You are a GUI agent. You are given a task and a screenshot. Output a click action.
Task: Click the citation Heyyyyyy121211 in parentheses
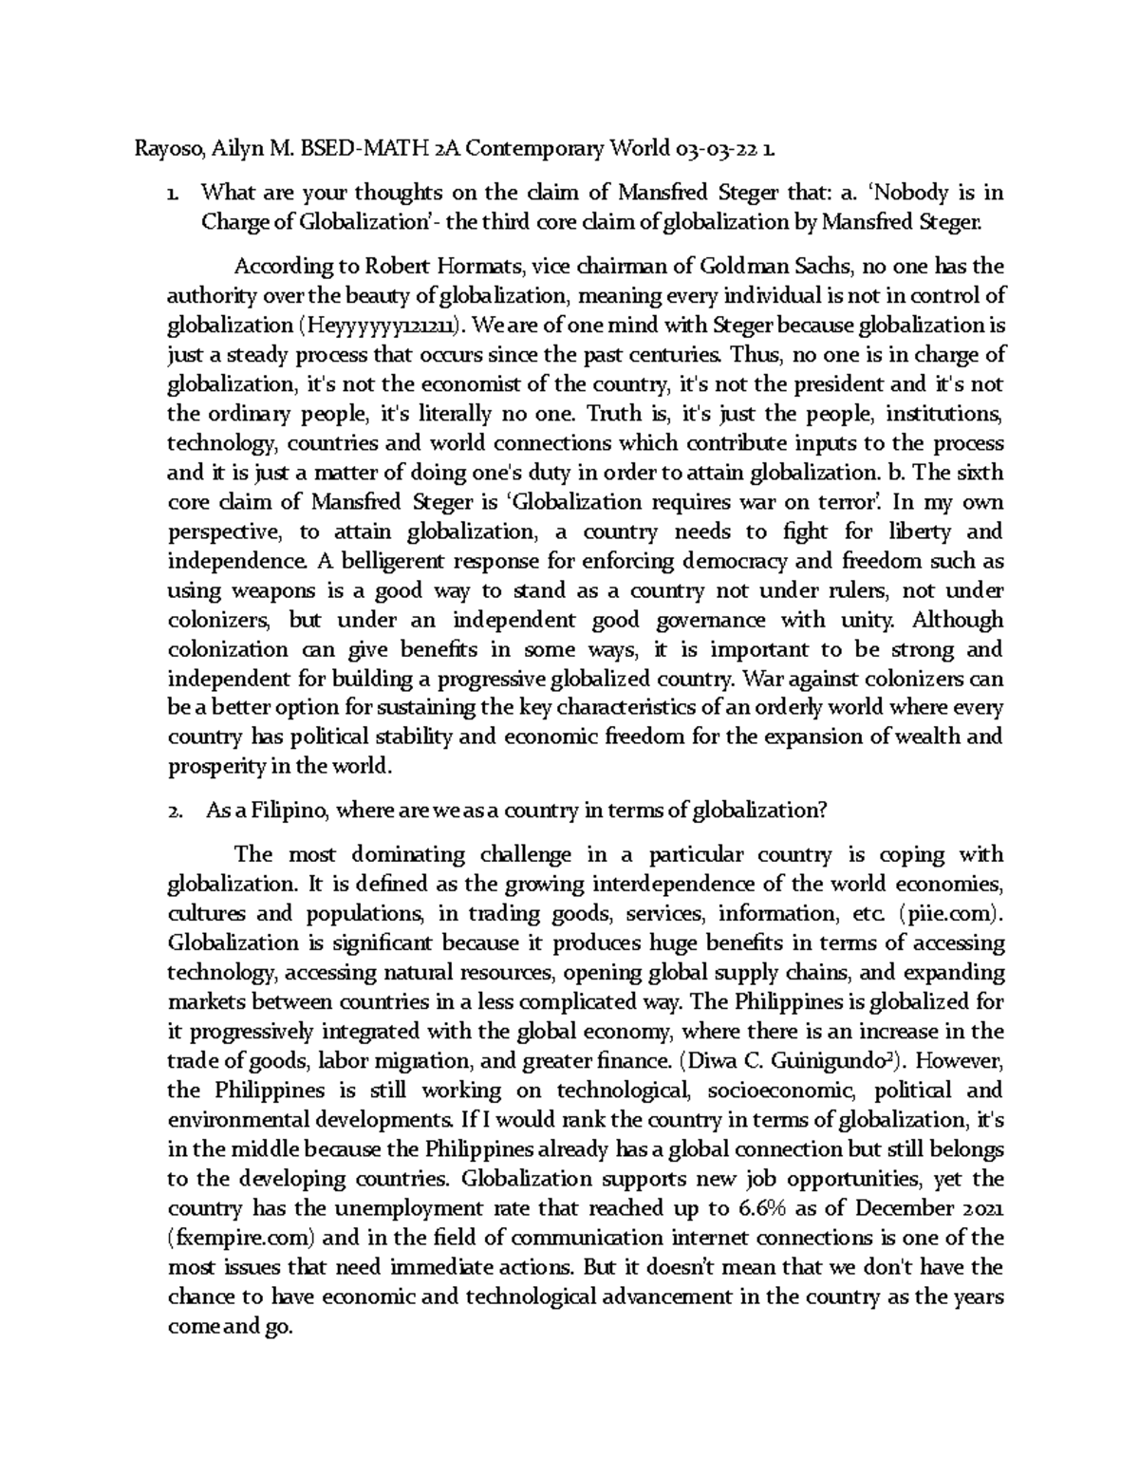[x=384, y=326]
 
